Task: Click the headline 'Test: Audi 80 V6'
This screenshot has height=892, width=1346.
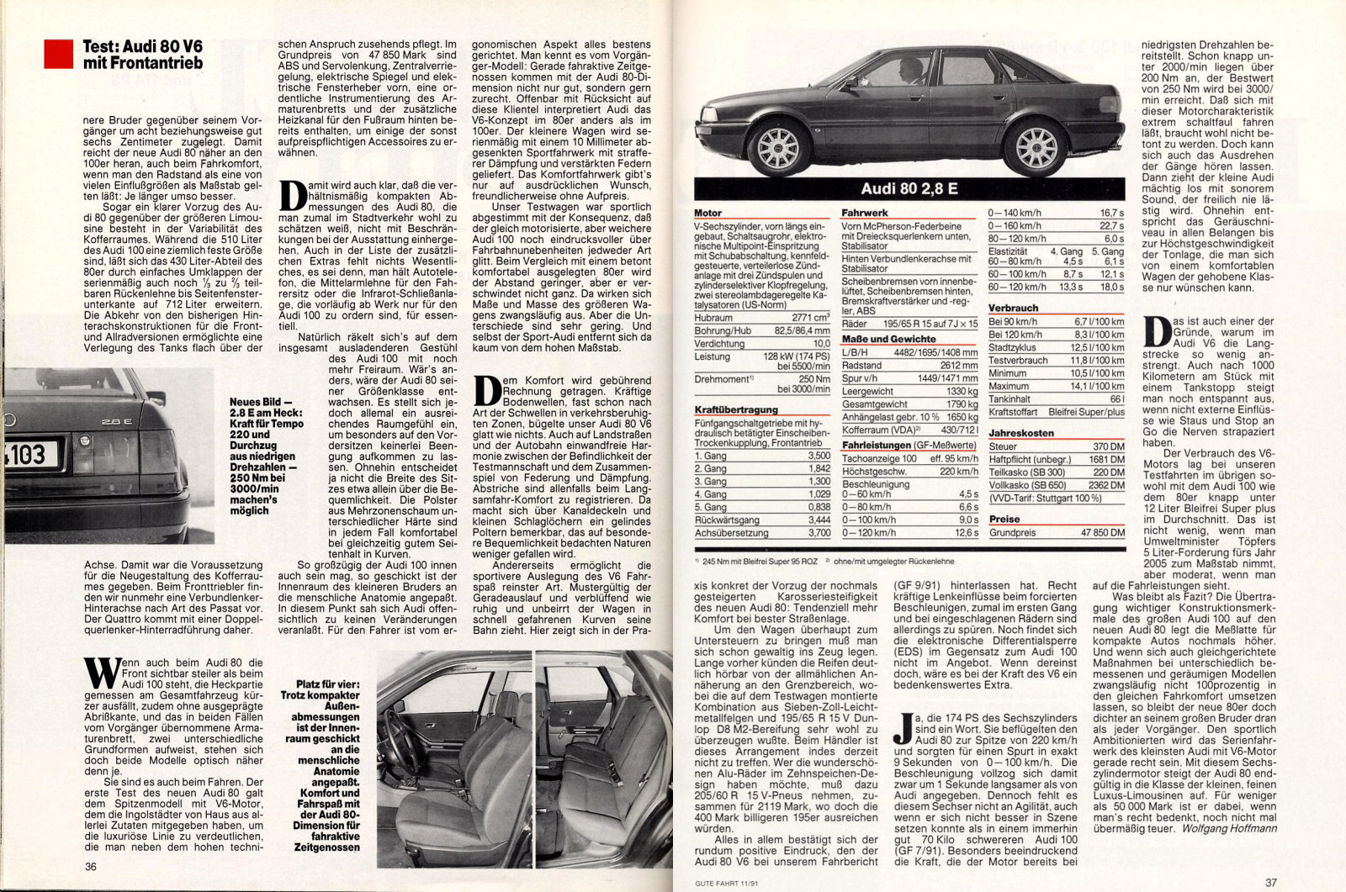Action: (x=142, y=47)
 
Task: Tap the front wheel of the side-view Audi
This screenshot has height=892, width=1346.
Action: (x=778, y=146)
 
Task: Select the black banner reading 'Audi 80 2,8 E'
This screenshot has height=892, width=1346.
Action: (x=909, y=189)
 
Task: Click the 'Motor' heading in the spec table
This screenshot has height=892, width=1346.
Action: (x=708, y=214)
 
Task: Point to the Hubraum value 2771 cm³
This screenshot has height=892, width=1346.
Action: (x=811, y=318)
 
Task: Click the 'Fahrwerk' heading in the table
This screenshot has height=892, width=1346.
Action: (x=865, y=214)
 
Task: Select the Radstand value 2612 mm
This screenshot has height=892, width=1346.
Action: (x=959, y=366)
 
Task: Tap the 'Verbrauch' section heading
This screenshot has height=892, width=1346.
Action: (x=1014, y=309)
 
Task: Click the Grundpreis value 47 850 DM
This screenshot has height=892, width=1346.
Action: (x=1103, y=533)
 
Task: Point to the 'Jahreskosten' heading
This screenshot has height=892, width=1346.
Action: (x=1021, y=433)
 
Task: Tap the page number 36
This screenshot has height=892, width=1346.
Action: (x=91, y=867)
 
